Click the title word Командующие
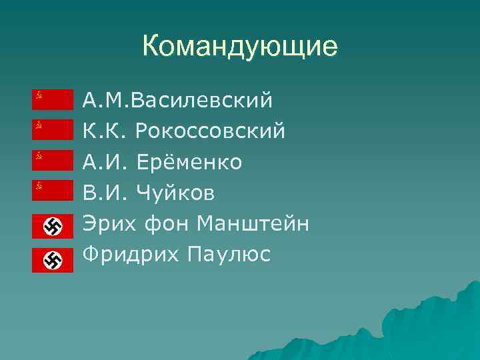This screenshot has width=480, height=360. coord(240,47)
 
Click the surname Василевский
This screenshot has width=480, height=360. coord(203,101)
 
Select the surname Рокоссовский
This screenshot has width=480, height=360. coord(210,131)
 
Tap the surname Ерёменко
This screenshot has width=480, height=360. coord(189,162)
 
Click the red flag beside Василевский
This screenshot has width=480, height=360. coord(53,99)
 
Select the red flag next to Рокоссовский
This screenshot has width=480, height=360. coord(53,129)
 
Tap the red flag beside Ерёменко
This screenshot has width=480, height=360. coord(53,160)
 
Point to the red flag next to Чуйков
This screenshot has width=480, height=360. coord(53,191)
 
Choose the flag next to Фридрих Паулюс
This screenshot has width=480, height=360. coord(53,260)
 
